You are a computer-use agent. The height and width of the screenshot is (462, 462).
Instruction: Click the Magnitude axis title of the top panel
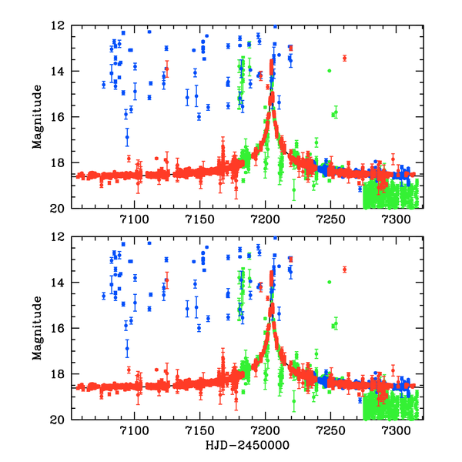click(x=37, y=116)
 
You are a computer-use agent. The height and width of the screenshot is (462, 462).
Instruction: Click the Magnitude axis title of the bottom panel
click(x=37, y=328)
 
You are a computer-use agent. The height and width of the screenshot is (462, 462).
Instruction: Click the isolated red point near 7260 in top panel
click(x=344, y=58)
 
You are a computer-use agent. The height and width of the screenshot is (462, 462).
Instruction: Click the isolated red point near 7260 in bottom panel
click(x=344, y=269)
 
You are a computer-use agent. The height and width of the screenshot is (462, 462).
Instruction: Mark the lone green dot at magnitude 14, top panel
click(x=330, y=71)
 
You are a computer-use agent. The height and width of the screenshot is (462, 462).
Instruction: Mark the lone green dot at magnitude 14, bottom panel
click(x=330, y=283)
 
